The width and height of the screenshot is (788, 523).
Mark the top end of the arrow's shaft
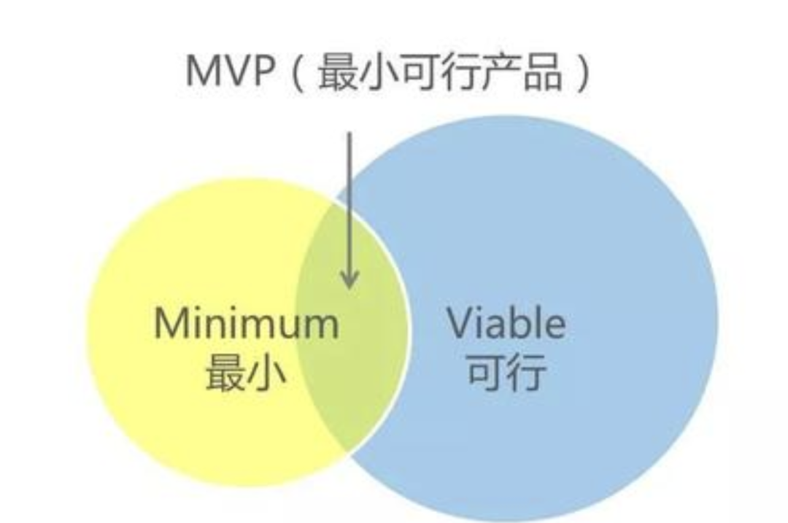pyautogui.click(x=349, y=134)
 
